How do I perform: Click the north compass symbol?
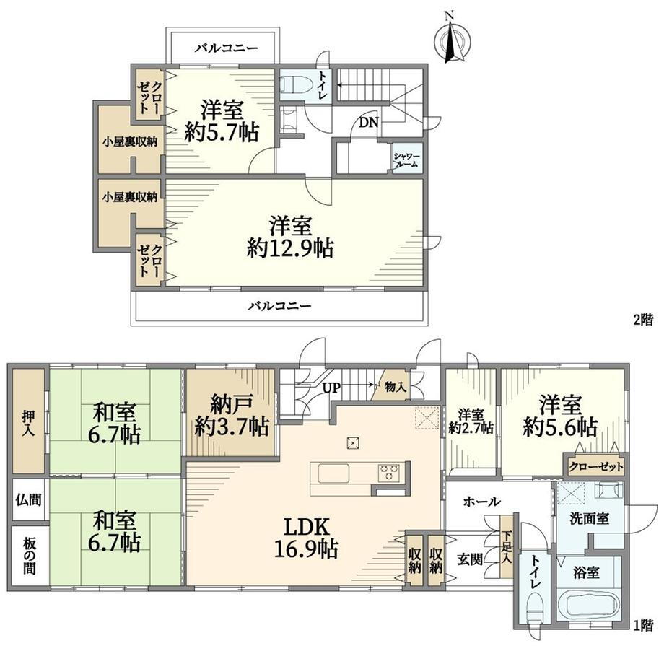[453, 40]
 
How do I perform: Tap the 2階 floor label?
[643, 320]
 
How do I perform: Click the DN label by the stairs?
[368, 123]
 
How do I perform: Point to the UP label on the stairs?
[331, 388]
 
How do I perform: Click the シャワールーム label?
[406, 160]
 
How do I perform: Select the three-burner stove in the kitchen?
[389, 472]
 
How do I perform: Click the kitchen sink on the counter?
[333, 473]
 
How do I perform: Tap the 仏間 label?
[28, 499]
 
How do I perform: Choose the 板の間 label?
[28, 556]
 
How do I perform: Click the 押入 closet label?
[28, 424]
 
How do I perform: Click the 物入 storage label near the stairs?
[395, 387]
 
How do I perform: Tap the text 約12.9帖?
[290, 248]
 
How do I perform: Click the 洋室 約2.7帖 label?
[471, 421]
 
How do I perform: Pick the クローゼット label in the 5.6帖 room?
[596, 467]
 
